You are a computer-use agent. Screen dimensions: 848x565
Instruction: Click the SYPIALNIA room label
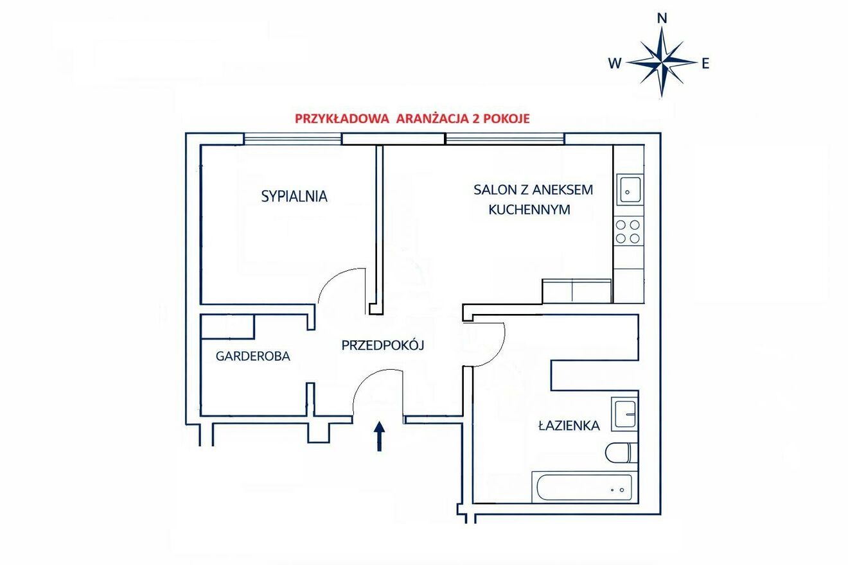294,196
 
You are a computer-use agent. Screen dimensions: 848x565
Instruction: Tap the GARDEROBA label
253,356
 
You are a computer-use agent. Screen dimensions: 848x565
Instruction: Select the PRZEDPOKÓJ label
383,345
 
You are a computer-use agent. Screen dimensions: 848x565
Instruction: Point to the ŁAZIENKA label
569,426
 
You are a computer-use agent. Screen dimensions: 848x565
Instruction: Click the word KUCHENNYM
529,210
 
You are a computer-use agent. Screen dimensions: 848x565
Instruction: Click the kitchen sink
630,189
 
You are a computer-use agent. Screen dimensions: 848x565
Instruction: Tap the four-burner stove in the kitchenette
628,231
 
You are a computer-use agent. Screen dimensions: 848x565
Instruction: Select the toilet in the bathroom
622,453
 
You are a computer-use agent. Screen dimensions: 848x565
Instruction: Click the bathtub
585,487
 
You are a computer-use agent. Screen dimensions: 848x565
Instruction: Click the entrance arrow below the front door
379,437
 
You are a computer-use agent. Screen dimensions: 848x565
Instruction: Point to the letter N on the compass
662,18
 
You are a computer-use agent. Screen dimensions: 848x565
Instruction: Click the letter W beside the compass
615,63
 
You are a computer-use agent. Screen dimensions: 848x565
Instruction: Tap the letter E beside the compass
705,64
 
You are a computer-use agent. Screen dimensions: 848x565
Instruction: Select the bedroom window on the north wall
293,139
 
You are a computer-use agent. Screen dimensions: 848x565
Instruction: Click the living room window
505,139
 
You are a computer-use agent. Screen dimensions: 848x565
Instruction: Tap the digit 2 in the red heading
474,119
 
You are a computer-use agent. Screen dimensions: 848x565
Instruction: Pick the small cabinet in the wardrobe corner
227,327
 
